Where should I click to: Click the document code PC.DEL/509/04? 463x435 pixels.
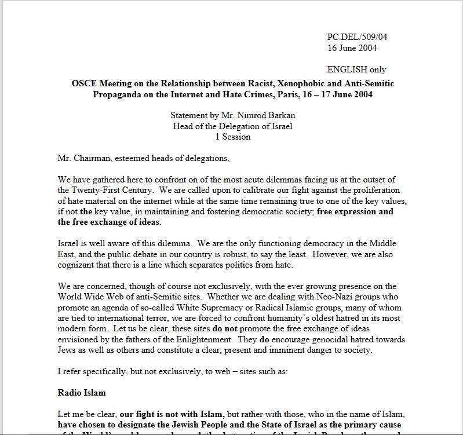pos(357,37)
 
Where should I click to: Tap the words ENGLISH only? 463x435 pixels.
pos(356,70)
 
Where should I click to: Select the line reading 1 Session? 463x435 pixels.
pos(231,137)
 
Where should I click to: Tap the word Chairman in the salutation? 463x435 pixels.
pos(93,158)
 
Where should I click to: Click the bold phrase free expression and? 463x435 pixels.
pos(355,211)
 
